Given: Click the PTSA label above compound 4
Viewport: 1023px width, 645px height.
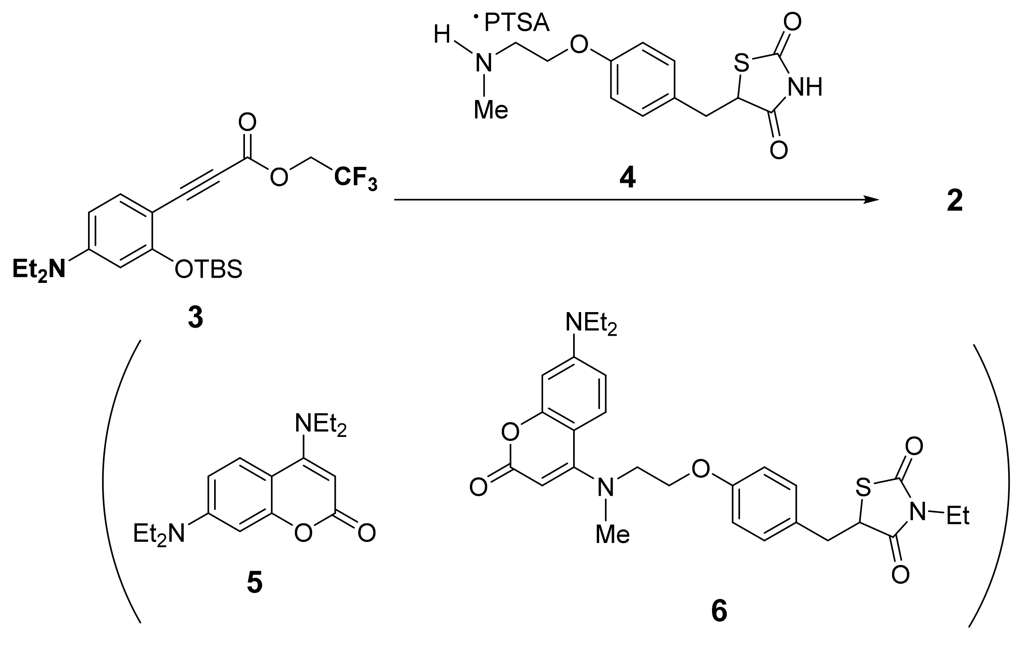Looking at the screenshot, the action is coord(517,24).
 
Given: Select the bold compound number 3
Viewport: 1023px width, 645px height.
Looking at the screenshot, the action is coord(195,318).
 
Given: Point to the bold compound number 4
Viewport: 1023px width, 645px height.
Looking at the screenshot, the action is coord(628,178).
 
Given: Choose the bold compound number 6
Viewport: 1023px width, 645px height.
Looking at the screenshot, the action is coord(719,612).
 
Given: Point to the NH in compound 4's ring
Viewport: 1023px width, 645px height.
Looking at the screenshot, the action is coord(805,87).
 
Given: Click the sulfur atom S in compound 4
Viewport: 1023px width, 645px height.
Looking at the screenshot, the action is coord(741,64).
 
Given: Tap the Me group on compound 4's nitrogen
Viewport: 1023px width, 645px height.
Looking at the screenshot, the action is coord(491,110).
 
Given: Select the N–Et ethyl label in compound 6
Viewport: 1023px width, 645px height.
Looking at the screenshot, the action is coord(958,517).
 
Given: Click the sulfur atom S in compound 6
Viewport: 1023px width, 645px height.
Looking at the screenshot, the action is coord(863,488).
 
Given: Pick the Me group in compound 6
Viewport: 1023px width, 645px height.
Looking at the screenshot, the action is coord(612,534).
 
